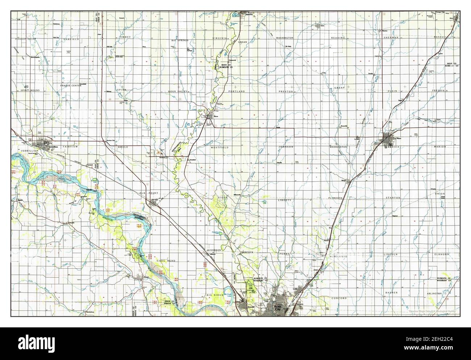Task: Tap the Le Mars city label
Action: pos(398,138)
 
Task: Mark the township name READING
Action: pos(337,38)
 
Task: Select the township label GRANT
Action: pos(339,88)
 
